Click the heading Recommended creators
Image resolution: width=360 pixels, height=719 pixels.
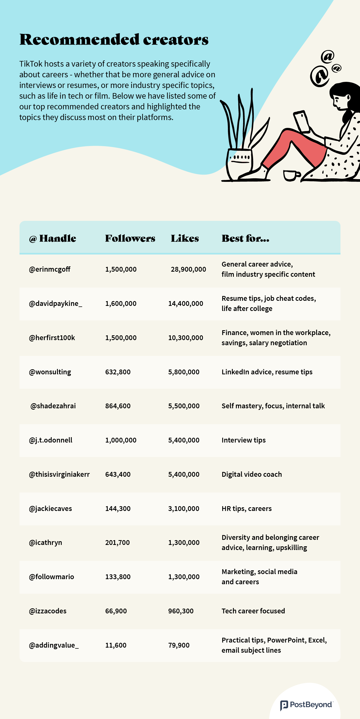point(114,39)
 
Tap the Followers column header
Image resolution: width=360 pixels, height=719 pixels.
point(130,238)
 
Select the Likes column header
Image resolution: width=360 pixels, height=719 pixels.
point(185,238)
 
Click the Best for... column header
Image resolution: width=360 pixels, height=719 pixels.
point(245,238)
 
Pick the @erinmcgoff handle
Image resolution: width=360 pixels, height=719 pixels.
point(49,269)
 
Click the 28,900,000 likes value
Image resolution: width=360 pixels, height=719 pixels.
point(188,269)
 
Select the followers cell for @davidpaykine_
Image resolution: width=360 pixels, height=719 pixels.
point(121,304)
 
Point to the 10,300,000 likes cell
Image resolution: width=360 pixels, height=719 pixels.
point(185,338)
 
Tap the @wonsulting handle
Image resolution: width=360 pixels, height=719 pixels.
point(50,372)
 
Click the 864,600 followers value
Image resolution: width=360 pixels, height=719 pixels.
point(118,406)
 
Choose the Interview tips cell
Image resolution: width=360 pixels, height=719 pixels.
point(244,440)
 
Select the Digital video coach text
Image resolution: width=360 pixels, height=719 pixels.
point(252,475)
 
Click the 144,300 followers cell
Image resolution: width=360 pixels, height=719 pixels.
point(118,509)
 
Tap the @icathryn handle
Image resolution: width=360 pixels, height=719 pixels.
point(45,543)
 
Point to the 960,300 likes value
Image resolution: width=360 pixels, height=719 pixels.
point(181,611)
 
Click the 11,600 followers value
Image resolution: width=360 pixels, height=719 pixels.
point(116,645)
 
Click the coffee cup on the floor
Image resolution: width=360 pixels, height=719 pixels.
point(291,175)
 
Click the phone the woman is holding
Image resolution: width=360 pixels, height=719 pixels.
point(301,121)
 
